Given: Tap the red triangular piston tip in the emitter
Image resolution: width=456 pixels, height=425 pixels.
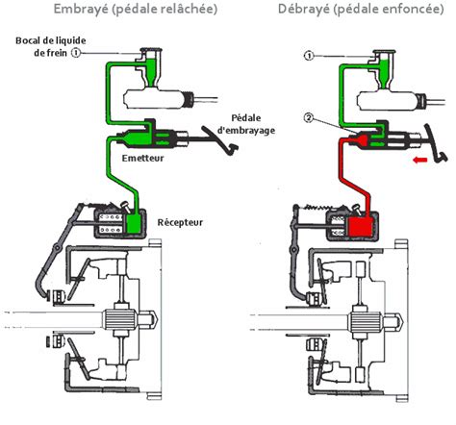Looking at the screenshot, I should [353, 143].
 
